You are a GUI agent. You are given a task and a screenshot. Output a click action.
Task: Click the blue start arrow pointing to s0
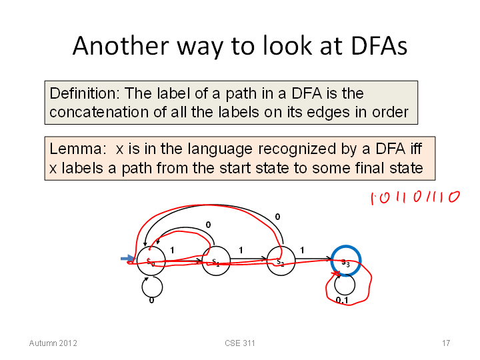127,259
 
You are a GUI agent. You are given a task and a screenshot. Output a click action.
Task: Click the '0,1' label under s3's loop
342,300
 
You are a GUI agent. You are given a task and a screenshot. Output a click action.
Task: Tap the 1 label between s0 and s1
173,251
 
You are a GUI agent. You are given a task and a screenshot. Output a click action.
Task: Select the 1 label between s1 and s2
241,251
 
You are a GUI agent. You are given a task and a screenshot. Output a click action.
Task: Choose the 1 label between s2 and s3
302,251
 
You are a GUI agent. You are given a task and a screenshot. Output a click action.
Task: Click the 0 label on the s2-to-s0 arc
277,217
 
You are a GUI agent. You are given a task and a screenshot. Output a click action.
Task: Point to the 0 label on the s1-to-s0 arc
208,225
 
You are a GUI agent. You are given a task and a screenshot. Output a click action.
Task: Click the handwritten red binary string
415,197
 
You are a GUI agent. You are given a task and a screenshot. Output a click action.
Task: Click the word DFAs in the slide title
379,46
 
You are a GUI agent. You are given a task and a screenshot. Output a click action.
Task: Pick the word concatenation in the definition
99,112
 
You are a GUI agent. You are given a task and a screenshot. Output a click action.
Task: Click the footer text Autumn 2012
53,343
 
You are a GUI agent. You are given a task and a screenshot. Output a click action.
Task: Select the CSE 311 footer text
240,343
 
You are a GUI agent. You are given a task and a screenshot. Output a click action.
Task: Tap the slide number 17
446,343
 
